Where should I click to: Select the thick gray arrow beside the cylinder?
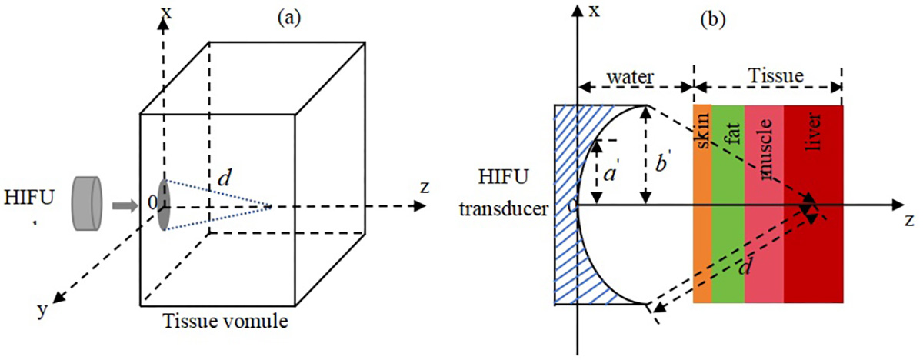coord(122,205)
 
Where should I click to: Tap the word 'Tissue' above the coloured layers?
coord(778,76)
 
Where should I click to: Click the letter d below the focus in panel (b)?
coord(743,271)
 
